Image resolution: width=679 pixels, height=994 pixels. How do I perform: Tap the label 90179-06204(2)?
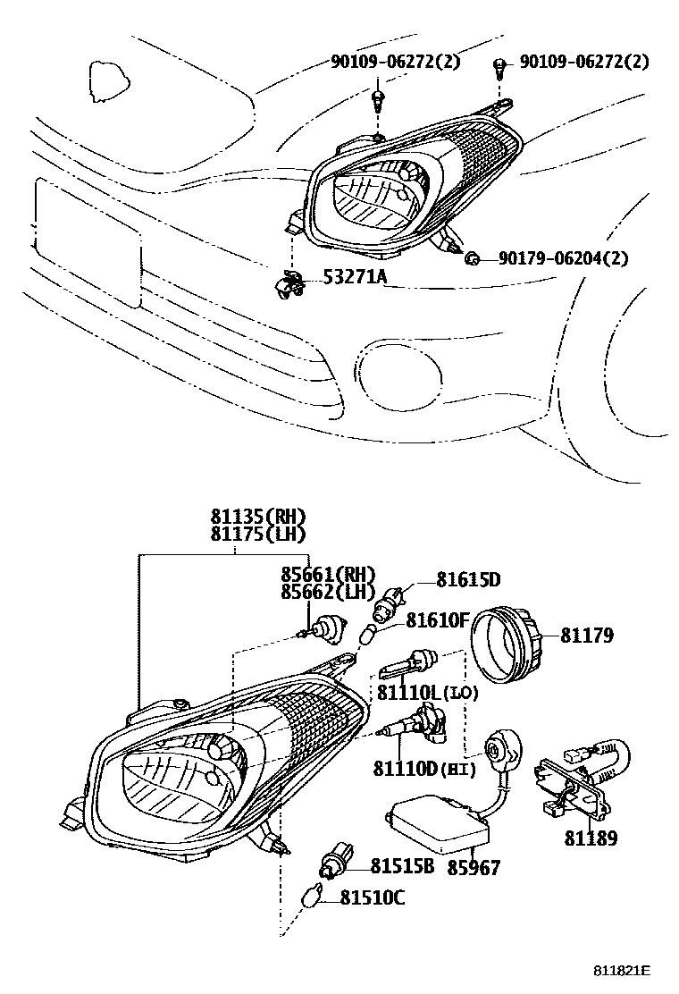[563, 258]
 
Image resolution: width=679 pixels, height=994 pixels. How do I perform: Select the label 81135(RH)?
[258, 517]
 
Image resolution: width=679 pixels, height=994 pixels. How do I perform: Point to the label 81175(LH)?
[258, 535]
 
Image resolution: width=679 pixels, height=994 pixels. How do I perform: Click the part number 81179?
[587, 636]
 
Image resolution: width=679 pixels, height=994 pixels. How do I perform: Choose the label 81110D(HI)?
[423, 768]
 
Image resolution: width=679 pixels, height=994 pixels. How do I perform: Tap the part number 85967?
[474, 868]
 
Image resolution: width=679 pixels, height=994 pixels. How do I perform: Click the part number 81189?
[591, 838]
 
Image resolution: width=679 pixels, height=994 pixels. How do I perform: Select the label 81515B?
[402, 865]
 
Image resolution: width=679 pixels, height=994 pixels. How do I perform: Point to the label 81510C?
[372, 897]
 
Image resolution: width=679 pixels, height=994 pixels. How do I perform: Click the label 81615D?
[468, 579]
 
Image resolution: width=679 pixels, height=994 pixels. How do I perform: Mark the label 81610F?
[438, 619]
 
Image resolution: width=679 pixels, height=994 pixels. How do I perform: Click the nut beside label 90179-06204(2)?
[473, 259]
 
